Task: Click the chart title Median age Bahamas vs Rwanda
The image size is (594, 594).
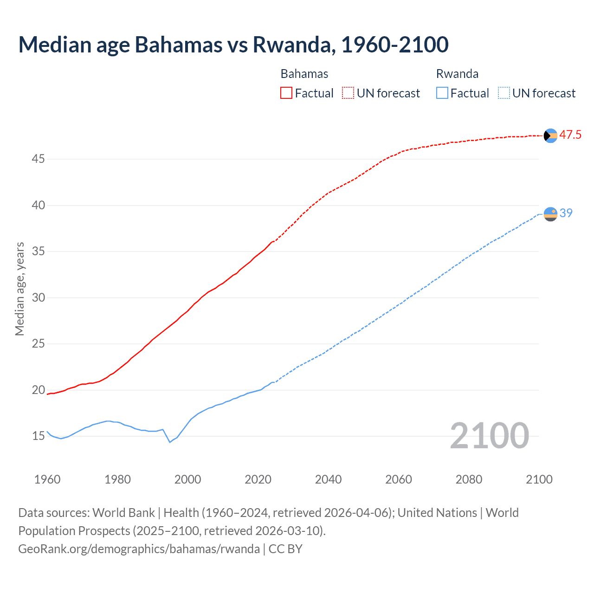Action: tap(233, 45)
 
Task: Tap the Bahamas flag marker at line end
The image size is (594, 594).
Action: tap(550, 136)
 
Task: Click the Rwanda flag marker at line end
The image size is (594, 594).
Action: tap(550, 214)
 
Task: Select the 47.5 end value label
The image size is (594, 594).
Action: tap(570, 135)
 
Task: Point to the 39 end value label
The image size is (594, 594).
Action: tap(566, 213)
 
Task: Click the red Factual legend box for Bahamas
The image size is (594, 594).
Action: tap(286, 93)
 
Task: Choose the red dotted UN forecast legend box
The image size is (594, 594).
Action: tap(348, 93)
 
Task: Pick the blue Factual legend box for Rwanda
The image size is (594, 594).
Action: tap(442, 93)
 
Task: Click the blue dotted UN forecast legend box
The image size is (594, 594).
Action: tap(504, 93)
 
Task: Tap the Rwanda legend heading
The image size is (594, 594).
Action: tap(457, 74)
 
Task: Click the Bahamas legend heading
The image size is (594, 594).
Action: tap(304, 74)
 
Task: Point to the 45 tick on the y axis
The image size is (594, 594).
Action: tap(38, 159)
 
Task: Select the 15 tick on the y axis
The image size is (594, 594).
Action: tap(38, 436)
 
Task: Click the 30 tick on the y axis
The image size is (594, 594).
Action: tap(38, 297)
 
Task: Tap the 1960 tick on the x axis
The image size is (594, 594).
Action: tap(47, 479)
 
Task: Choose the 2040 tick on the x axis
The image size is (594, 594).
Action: tap(328, 479)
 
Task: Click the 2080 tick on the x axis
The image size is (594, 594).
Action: tap(469, 479)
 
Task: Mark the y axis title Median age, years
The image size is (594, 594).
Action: tap(19, 289)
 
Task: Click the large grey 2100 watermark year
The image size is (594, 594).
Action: tap(489, 435)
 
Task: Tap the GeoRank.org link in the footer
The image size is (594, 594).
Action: tap(139, 549)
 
